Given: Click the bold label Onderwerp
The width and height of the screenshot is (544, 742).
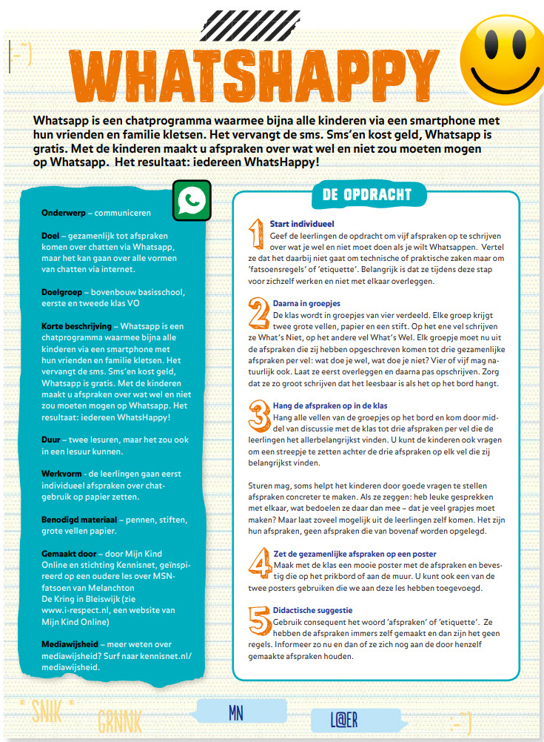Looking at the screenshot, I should (63, 213).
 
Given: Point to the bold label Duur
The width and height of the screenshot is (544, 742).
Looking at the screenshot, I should (51, 440).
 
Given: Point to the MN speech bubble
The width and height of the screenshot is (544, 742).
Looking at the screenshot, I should (235, 712).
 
